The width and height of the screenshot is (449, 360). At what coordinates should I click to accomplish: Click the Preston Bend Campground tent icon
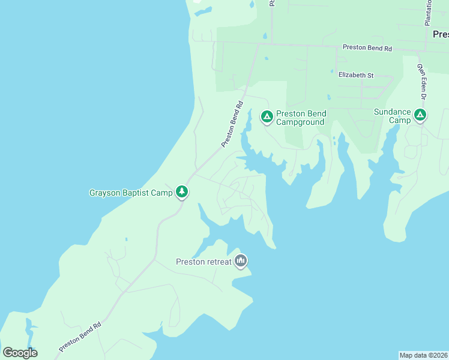tap(267, 116)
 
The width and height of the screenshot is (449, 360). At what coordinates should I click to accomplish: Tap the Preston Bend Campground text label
tap(300, 118)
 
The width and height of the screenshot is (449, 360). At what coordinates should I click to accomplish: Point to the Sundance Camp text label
tap(393, 116)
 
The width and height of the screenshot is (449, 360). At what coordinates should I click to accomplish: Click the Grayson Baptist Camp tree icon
tap(182, 192)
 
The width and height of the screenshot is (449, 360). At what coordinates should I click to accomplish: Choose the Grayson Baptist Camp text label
tap(131, 193)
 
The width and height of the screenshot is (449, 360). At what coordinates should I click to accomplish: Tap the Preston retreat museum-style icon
tap(241, 260)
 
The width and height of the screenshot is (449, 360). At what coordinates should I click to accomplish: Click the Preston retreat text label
tap(203, 262)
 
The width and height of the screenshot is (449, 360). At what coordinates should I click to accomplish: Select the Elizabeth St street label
tap(356, 75)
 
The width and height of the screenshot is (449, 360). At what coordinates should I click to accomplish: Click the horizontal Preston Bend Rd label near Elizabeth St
tap(367, 47)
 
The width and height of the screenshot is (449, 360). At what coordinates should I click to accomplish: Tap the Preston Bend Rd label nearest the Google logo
tap(80, 337)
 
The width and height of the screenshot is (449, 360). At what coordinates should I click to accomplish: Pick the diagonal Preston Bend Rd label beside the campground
tap(232, 124)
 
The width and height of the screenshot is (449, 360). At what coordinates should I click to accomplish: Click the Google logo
tap(20, 352)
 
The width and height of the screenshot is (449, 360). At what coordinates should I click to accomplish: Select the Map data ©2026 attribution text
tap(423, 355)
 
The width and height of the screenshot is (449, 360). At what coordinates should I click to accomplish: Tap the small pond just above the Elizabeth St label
tap(331, 71)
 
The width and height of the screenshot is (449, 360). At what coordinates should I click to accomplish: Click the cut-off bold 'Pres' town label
tap(440, 35)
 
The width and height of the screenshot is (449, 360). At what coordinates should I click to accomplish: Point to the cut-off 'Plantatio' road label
tap(429, 12)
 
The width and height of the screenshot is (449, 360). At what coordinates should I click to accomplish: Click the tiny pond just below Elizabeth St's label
tap(328, 97)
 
